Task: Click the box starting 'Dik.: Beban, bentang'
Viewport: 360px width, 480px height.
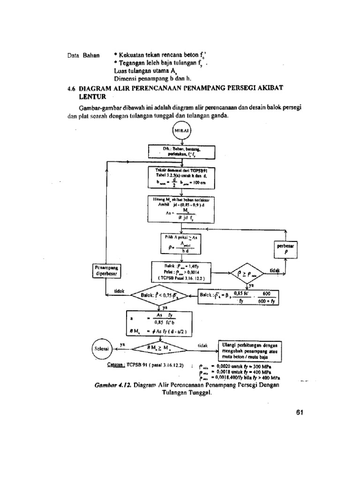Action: [x=182, y=151]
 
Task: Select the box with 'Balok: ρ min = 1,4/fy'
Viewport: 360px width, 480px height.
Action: [x=181, y=271]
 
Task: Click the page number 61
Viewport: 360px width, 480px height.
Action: [x=300, y=412]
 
